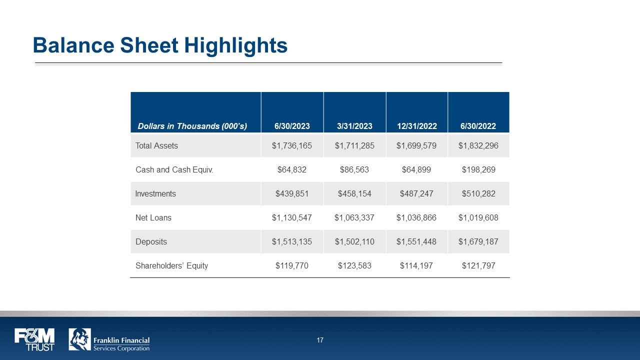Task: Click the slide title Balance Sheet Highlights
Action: (160, 45)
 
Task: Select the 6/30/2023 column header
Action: (292, 126)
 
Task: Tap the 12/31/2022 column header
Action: (417, 126)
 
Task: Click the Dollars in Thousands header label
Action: (192, 126)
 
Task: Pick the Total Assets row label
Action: (156, 146)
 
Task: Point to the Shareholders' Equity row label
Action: (171, 266)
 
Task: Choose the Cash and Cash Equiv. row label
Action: (174, 170)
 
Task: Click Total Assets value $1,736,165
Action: (292, 146)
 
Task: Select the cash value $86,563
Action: (354, 170)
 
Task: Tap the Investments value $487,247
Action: (416, 194)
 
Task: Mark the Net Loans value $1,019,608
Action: (478, 218)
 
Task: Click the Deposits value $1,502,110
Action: (354, 242)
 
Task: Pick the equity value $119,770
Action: (292, 266)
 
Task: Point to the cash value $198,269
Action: (478, 170)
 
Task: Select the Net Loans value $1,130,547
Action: (292, 218)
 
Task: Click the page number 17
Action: (320, 340)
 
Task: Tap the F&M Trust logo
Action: (34, 339)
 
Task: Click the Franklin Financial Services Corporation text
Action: (121, 344)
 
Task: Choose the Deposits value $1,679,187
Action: (478, 242)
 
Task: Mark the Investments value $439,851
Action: (292, 194)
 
